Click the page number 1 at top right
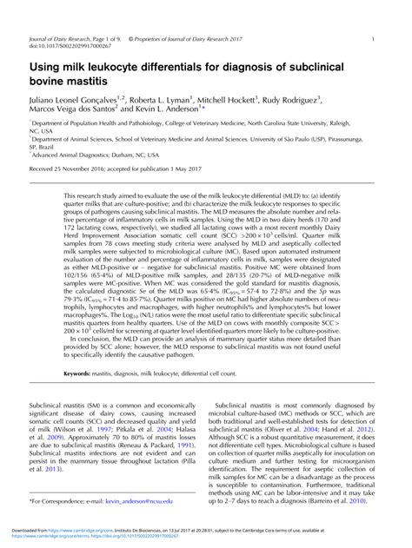point(373,39)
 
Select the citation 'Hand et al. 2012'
point(347,429)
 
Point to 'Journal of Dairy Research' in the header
point(60,39)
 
